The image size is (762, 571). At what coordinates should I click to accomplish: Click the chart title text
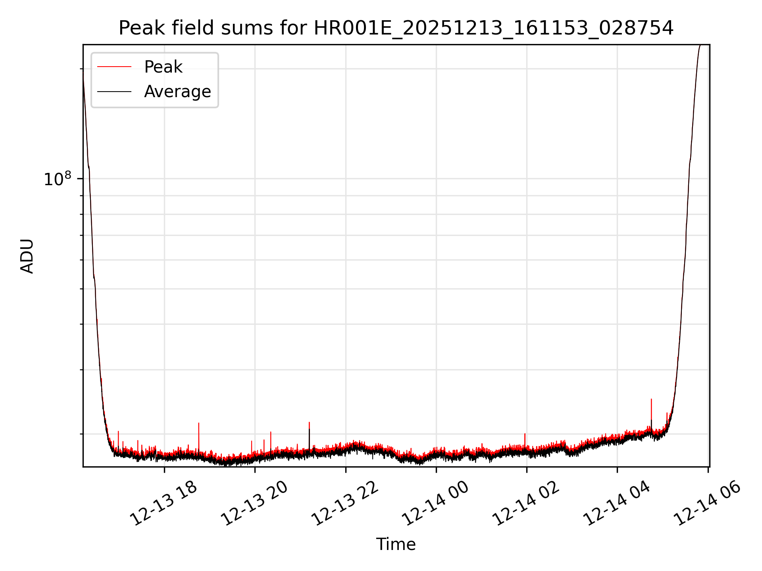396,28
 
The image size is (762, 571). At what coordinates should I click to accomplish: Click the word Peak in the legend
163,67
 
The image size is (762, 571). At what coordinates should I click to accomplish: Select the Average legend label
177,92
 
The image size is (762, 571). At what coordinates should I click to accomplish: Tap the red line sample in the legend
114,67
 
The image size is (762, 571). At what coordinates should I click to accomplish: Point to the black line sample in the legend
114,92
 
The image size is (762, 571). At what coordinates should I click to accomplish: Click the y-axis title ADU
27,256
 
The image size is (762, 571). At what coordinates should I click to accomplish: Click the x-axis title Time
396,544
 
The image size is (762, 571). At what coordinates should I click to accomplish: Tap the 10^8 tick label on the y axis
57,179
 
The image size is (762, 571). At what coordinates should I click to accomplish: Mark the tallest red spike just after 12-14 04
651,400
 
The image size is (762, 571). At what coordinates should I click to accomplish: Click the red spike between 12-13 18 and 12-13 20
199,424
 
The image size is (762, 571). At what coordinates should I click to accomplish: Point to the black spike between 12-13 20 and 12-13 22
309,430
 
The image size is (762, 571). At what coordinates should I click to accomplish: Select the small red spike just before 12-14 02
525,435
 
